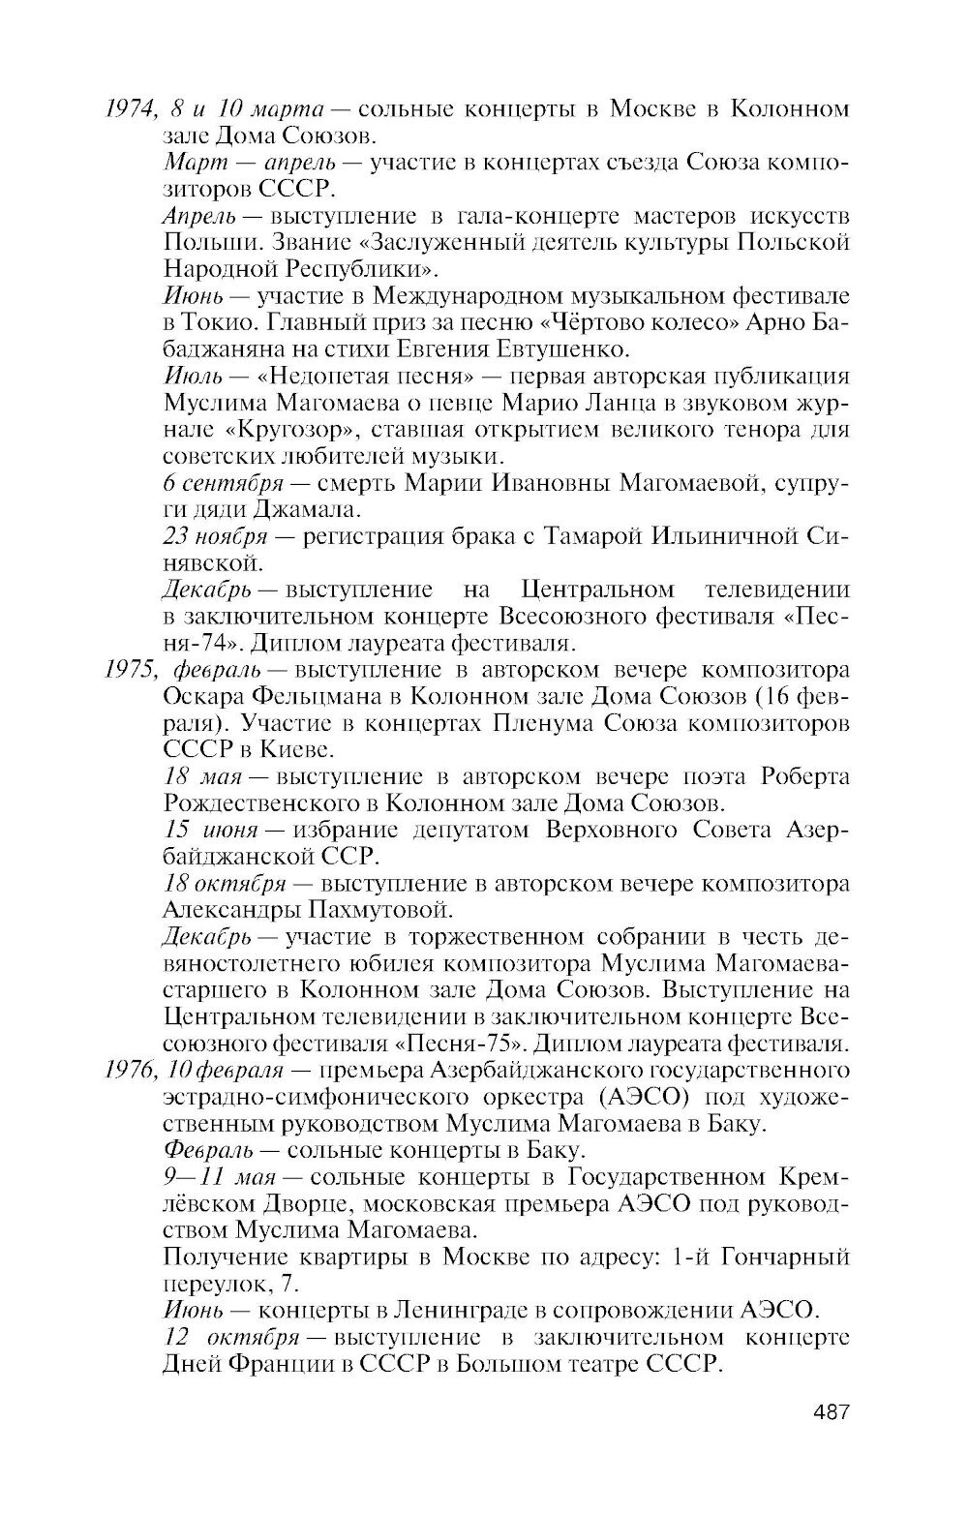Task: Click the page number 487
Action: click(831, 1411)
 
